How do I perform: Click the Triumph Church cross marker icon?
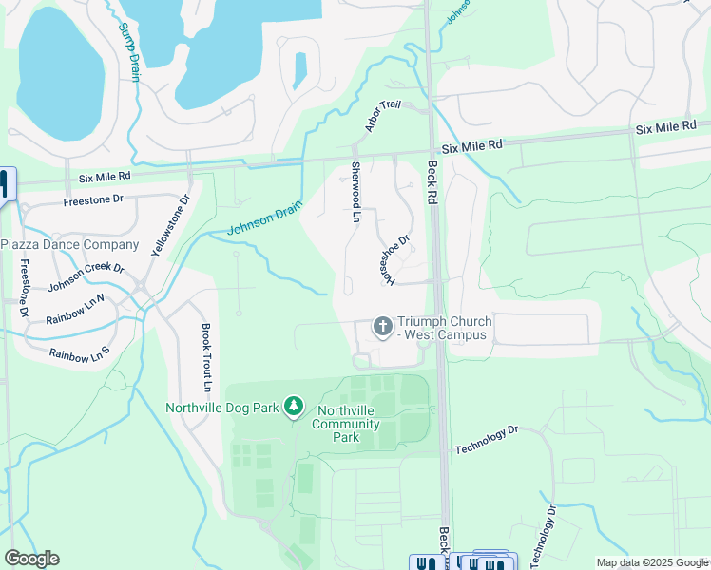[383, 327]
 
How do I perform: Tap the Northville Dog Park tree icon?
[294, 408]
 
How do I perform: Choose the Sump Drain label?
[129, 53]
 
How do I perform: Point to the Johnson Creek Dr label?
[86, 275]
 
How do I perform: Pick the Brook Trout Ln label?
[204, 358]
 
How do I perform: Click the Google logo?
[31, 559]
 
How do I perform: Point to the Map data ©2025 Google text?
[651, 562]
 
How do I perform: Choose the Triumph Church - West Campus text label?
[442, 328]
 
